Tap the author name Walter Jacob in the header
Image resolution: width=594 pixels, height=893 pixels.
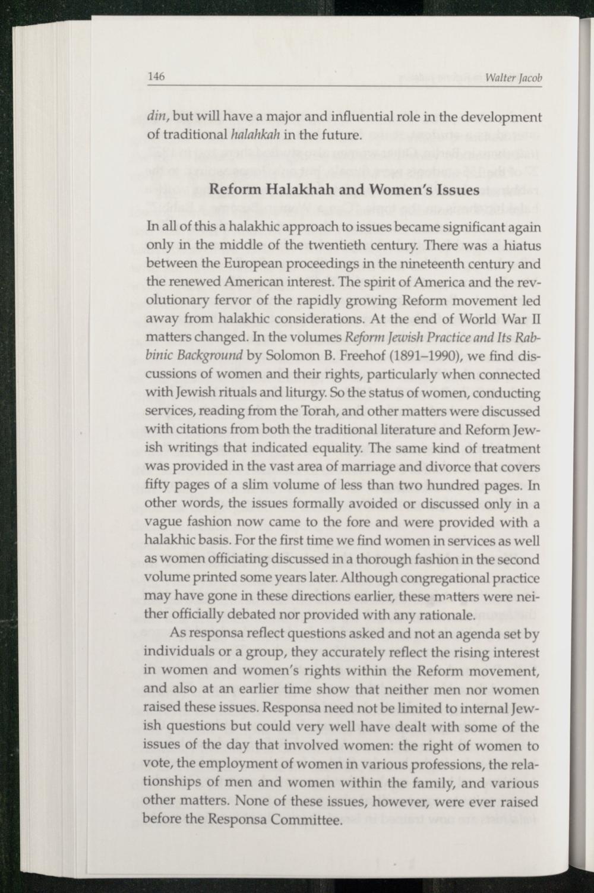point(514,79)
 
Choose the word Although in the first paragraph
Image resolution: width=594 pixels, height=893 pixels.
point(374,578)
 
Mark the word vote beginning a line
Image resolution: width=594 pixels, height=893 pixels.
point(157,765)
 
